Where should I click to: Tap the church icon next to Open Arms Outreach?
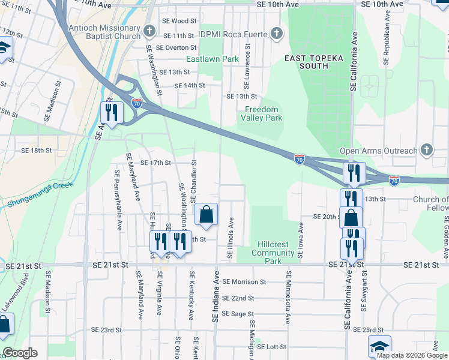(x=426, y=149)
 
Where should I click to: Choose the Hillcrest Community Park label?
(x=273, y=253)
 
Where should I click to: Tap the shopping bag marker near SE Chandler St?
(x=206, y=214)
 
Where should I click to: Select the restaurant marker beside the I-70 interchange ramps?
(x=112, y=112)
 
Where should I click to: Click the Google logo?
(x=20, y=353)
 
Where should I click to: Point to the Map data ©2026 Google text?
(x=412, y=355)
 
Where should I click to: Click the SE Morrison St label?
(x=244, y=281)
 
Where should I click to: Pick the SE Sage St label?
(x=238, y=313)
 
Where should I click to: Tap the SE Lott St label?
(x=273, y=347)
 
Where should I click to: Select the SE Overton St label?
(x=176, y=47)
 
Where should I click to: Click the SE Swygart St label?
(x=363, y=292)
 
